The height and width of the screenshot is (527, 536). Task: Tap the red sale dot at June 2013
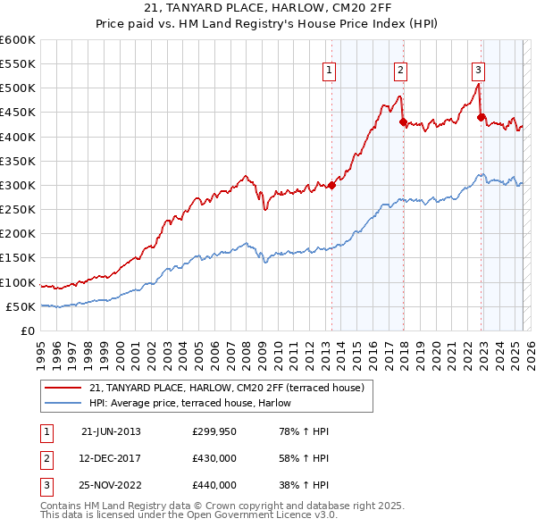pos(331,185)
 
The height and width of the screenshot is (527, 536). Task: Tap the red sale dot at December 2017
pos(403,122)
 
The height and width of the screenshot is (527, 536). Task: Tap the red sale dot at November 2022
pos(481,117)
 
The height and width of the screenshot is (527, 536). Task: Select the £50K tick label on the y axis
pos(21,306)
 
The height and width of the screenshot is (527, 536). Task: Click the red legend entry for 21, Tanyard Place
pos(226,389)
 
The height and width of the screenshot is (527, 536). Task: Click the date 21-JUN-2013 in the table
pos(111,431)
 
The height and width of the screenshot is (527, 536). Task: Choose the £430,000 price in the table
pos(214,458)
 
